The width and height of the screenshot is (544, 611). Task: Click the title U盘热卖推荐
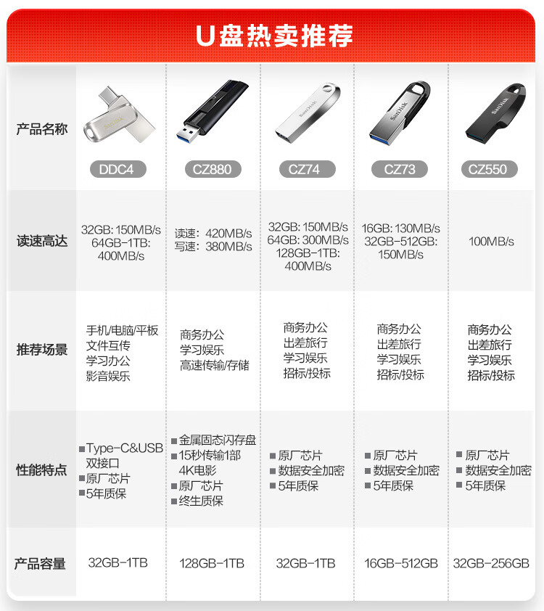(x=274, y=36)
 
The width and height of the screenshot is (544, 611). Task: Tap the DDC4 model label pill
(x=118, y=169)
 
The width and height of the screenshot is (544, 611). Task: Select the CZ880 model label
(x=213, y=169)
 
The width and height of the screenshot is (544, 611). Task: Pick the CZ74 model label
(x=308, y=169)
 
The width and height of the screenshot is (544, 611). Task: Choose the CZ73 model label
(x=400, y=169)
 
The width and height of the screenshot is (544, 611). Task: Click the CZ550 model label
(x=490, y=169)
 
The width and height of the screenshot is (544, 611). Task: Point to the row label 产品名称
(x=41, y=129)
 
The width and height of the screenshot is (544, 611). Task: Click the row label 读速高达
(x=41, y=241)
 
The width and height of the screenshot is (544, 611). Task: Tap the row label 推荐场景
(x=41, y=349)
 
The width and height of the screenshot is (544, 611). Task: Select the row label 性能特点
(x=41, y=469)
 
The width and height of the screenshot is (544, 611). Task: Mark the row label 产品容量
(x=40, y=563)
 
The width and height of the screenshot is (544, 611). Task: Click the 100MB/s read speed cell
(x=491, y=242)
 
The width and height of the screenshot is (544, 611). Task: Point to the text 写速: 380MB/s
(x=213, y=246)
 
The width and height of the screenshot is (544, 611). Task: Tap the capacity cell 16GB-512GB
(x=400, y=563)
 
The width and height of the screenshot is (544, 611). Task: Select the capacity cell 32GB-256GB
(x=491, y=563)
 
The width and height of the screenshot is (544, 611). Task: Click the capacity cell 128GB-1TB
(x=212, y=563)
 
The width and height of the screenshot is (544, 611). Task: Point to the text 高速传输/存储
(x=214, y=365)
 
